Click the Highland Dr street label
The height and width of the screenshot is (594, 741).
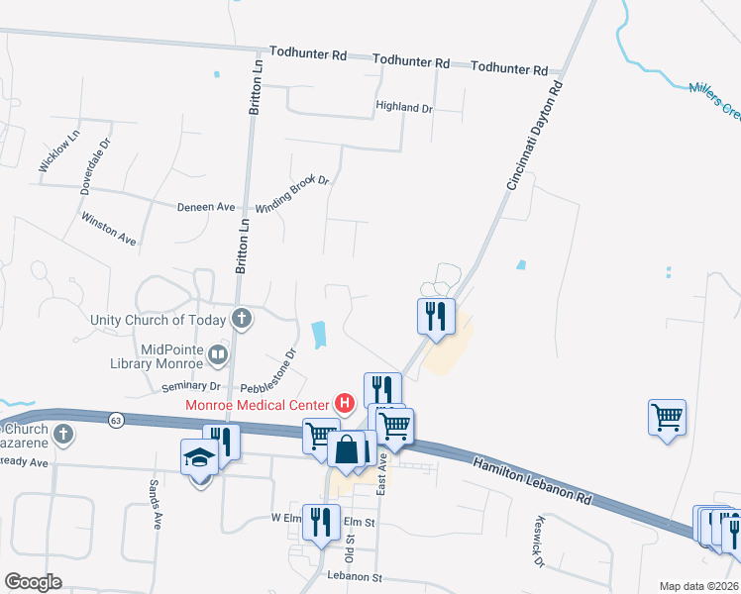(405, 107)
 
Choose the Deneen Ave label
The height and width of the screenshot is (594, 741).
(206, 207)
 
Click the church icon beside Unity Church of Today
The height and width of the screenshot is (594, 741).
(241, 319)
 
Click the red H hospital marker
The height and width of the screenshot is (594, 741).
(345, 403)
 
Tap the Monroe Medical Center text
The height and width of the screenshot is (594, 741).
(258, 404)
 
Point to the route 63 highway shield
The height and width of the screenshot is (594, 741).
(116, 420)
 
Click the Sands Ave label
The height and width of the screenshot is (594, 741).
(155, 505)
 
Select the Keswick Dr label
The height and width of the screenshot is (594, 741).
(539, 543)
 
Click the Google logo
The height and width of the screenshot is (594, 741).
(33, 582)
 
